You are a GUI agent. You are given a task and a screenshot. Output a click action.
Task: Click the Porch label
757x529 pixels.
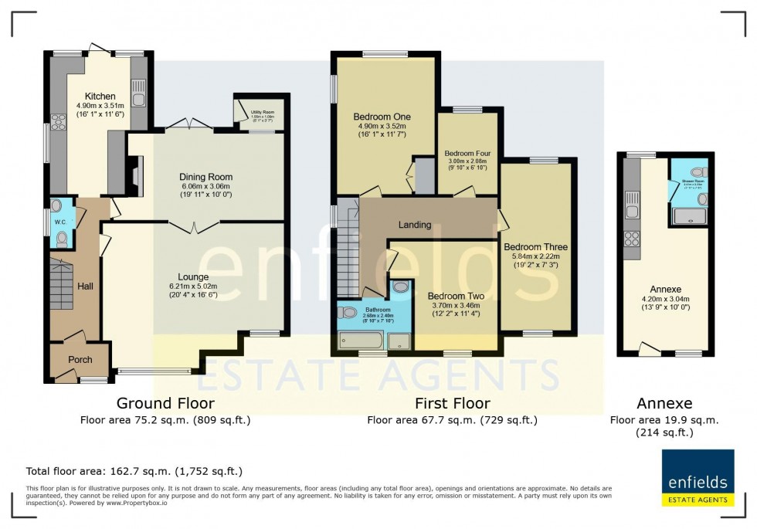(80, 360)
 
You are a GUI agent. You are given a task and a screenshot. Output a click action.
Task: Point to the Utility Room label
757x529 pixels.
(263, 113)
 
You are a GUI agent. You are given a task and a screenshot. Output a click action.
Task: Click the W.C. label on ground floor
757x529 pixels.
(60, 222)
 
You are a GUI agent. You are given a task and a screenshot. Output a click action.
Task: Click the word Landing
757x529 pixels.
(414, 225)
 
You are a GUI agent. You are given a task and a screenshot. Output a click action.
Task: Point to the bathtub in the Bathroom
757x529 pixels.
(360, 340)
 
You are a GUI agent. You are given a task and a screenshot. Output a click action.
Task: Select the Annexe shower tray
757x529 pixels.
(690, 215)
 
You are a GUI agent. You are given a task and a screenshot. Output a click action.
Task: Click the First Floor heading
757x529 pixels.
(452, 403)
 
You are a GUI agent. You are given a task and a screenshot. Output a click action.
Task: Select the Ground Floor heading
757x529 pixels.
(165, 403)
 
